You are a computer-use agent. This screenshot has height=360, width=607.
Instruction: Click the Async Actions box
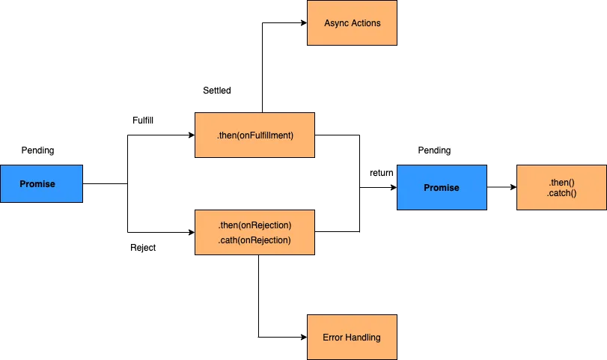(x=353, y=23)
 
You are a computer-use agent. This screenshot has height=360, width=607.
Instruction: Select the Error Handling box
(x=352, y=338)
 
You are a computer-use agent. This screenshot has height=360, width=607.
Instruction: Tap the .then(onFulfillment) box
(x=255, y=135)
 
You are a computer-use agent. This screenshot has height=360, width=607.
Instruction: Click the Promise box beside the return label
(x=442, y=188)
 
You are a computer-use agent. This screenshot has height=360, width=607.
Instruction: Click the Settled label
(x=217, y=91)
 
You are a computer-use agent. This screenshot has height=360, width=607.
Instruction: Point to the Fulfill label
(x=143, y=120)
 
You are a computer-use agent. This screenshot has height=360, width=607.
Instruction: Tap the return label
(x=381, y=174)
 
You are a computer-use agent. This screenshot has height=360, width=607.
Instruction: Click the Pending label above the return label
(x=434, y=150)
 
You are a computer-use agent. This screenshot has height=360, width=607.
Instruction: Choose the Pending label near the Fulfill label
(x=37, y=150)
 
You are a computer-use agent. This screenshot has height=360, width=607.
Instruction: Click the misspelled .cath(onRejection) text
(x=254, y=240)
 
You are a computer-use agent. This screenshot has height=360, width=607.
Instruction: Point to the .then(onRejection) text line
(x=254, y=225)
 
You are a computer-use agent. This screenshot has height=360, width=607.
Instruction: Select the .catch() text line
(x=561, y=194)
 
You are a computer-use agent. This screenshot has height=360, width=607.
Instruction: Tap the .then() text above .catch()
(x=561, y=183)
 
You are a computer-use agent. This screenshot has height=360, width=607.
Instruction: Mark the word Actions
(x=366, y=23)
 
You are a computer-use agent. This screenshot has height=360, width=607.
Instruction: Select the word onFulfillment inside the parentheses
(x=264, y=135)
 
